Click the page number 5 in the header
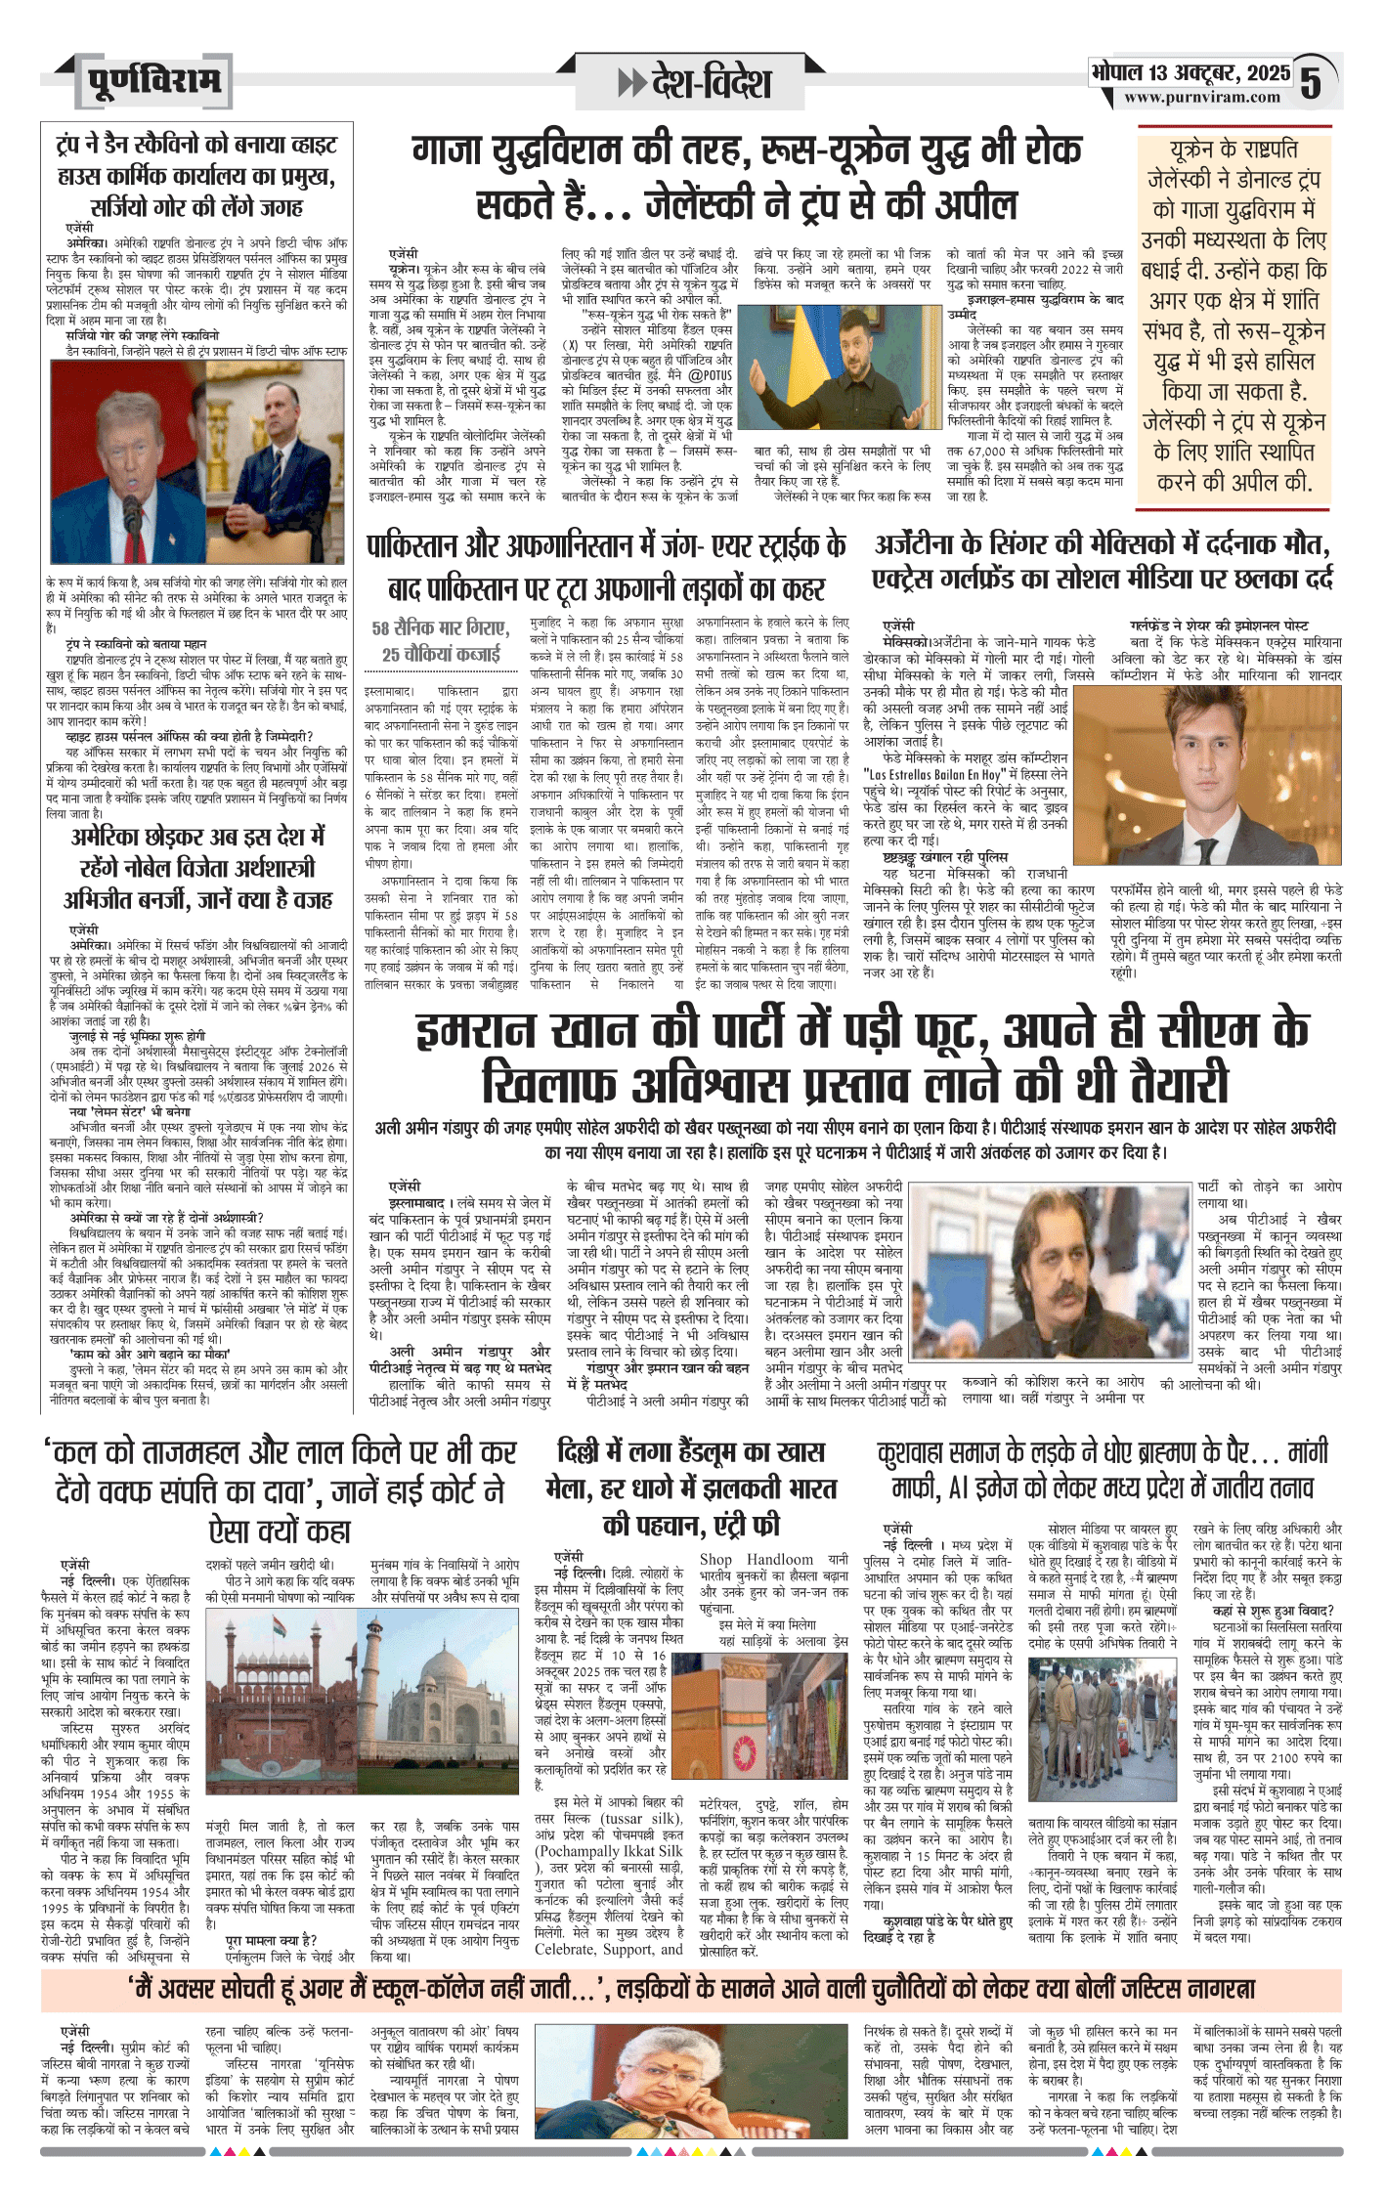[1313, 83]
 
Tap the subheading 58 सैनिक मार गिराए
[441, 628]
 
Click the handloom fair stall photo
[772, 1737]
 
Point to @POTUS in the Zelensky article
[710, 374]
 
